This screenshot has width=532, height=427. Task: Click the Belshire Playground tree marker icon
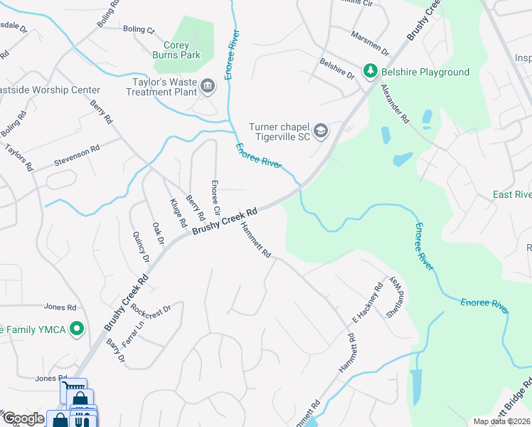click(x=370, y=71)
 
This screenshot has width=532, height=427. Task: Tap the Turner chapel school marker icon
click(x=321, y=130)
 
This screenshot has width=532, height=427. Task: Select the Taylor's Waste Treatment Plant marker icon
click(x=208, y=87)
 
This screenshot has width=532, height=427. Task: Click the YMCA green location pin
click(x=78, y=329)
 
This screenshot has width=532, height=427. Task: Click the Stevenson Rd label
click(x=77, y=157)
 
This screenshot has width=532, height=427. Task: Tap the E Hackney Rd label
click(x=368, y=305)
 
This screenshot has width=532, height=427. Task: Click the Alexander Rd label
click(x=395, y=105)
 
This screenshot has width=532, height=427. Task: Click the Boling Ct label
click(x=138, y=30)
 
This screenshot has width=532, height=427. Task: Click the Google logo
click(x=23, y=418)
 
